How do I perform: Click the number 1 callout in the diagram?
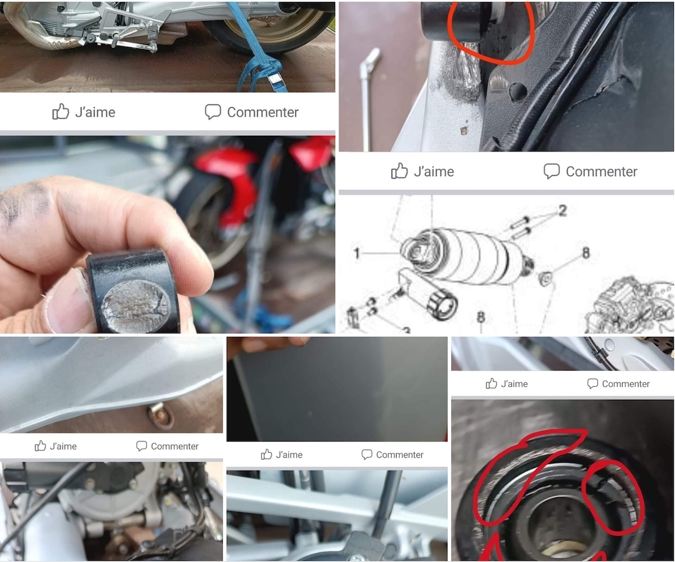[357, 253]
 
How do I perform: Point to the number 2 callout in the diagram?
[562, 211]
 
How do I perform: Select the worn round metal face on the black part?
[135, 306]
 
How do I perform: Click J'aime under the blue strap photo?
[84, 112]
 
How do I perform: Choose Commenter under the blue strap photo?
[251, 112]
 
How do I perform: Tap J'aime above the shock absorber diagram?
[422, 171]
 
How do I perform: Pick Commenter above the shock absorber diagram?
[590, 171]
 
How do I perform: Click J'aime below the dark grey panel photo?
[282, 454]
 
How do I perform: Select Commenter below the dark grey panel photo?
[393, 454]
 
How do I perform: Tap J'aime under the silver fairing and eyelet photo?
[56, 446]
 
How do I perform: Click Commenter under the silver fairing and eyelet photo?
[167, 446]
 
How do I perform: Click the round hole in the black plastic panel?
[518, 92]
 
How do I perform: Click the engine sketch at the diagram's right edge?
[629, 304]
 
